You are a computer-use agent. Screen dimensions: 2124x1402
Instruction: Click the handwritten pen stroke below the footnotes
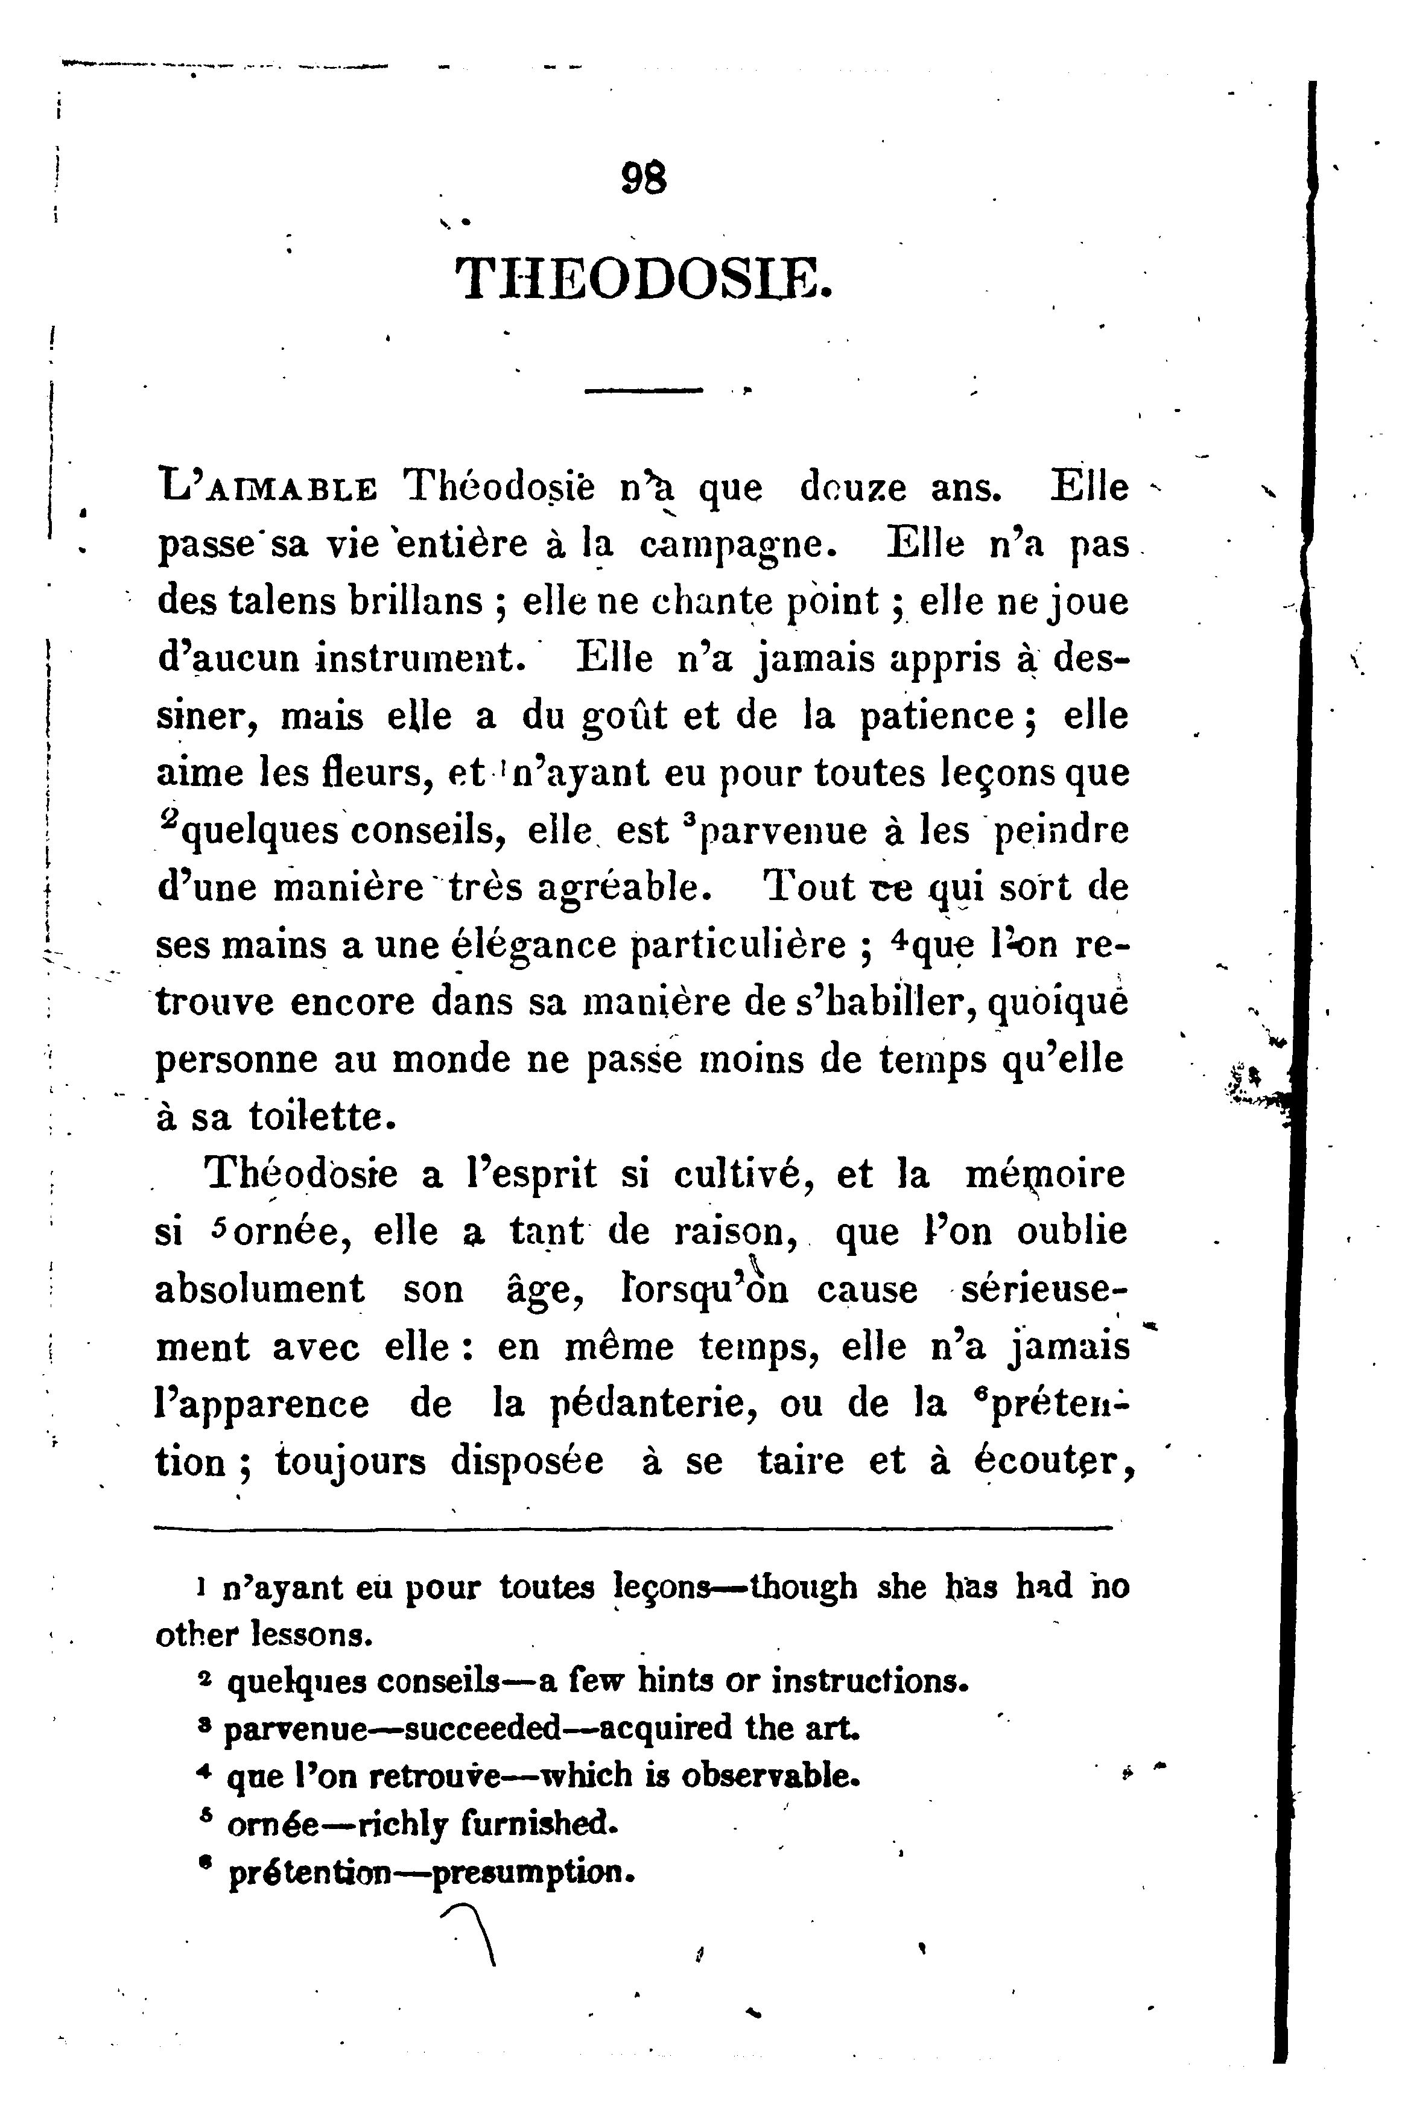tap(475, 1933)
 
